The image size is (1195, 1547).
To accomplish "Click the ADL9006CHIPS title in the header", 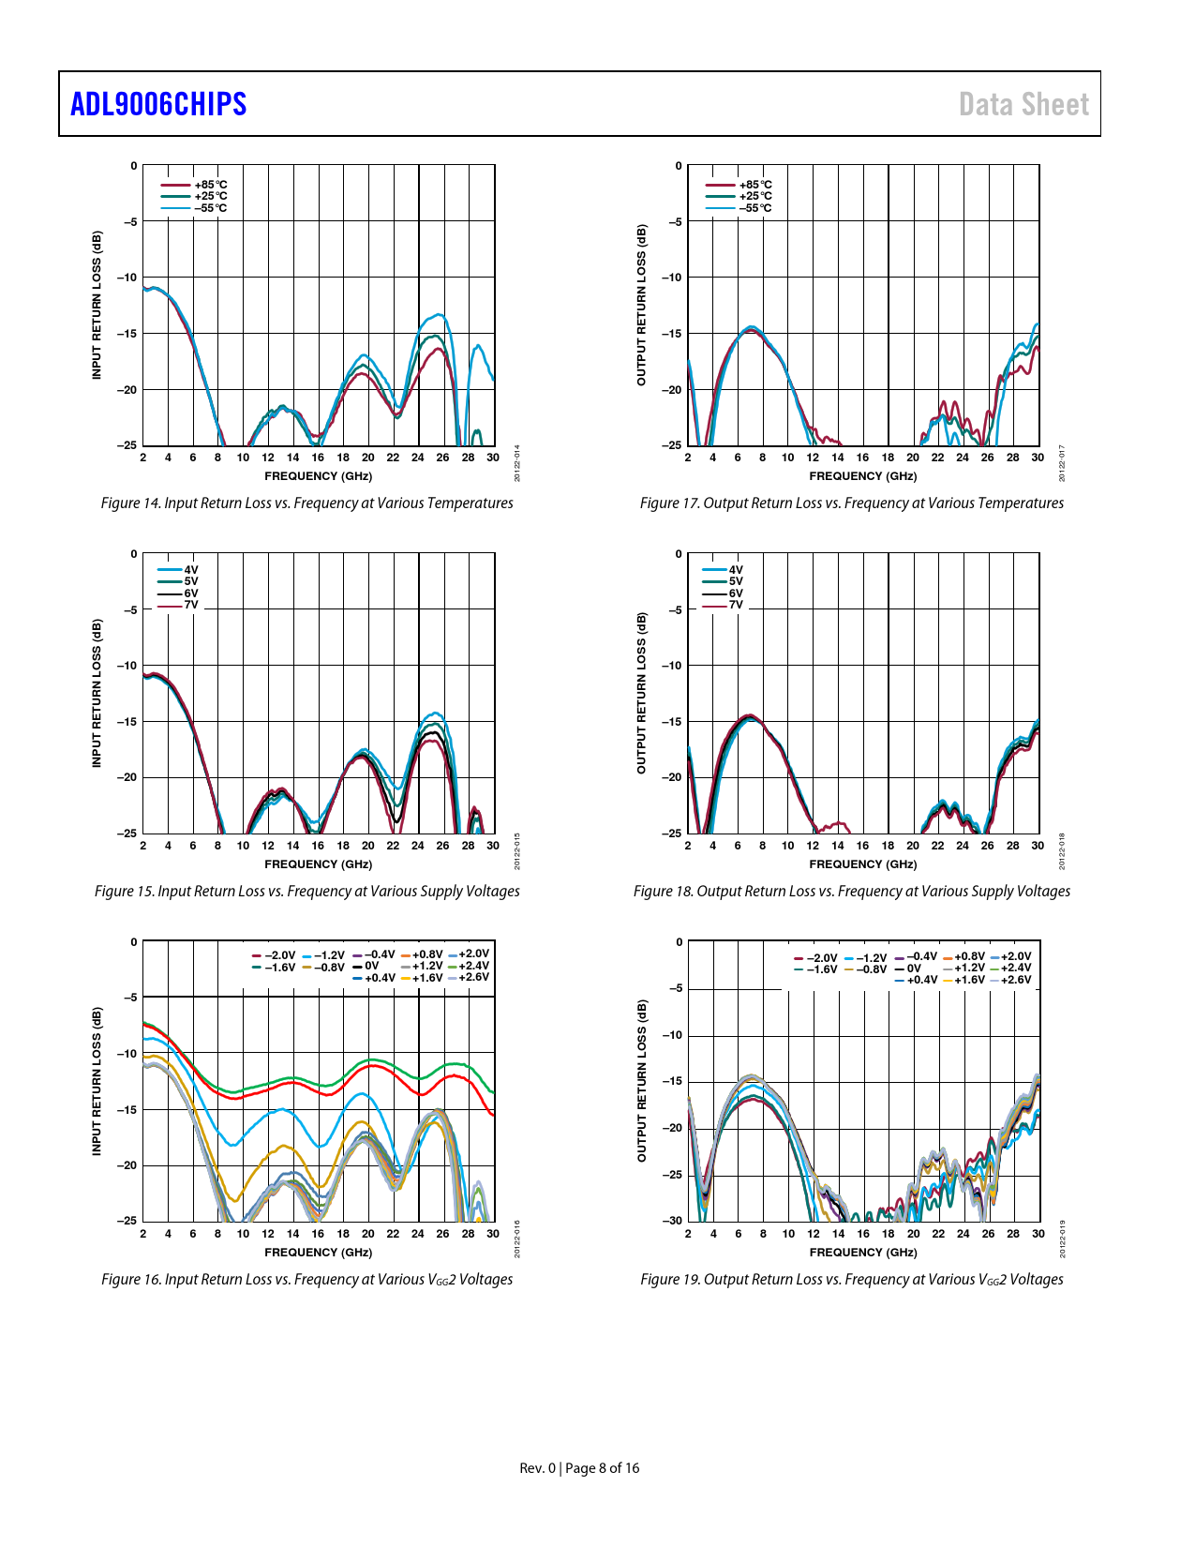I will pyautogui.click(x=158, y=104).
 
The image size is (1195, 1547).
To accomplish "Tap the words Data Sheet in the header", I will pyautogui.click(x=1023, y=104).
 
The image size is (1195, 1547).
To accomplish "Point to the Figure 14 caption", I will pyautogui.click(x=306, y=503).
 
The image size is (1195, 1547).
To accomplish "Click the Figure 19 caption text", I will pyautogui.click(x=851, y=1280).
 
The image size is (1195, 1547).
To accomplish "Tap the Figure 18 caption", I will pyautogui.click(x=851, y=892).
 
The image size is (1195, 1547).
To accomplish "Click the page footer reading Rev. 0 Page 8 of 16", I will pyautogui.click(x=579, y=1468).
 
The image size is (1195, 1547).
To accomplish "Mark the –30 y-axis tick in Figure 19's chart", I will pyautogui.click(x=672, y=1221).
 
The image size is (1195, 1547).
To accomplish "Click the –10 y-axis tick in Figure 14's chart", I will pyautogui.click(x=127, y=278).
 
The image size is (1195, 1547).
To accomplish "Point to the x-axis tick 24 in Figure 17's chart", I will pyautogui.click(x=963, y=458).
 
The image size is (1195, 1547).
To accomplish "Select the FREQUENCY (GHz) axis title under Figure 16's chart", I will pyautogui.click(x=318, y=1253).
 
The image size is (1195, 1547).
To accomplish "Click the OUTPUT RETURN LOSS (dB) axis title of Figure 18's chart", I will pyautogui.click(x=642, y=693).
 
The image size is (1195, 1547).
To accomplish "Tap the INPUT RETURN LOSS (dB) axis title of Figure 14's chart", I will pyautogui.click(x=97, y=305).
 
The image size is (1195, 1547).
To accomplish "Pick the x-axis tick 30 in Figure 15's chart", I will pyautogui.click(x=493, y=846).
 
